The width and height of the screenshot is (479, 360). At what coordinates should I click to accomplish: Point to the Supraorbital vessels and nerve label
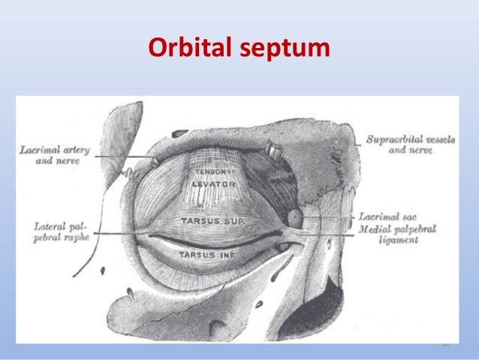pyautogui.click(x=410, y=144)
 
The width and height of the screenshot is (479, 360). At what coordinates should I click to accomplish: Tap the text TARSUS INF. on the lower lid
pyautogui.click(x=207, y=255)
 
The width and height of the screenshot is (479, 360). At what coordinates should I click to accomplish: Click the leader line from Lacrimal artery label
pyautogui.click(x=124, y=156)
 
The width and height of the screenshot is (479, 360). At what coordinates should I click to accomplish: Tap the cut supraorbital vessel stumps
pyautogui.click(x=274, y=153)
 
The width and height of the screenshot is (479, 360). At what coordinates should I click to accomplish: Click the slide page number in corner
pyautogui.click(x=444, y=344)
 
